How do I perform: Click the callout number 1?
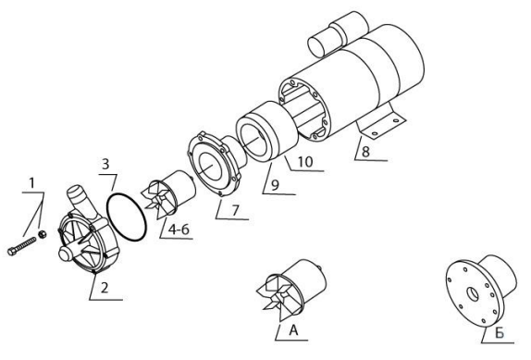[31, 183]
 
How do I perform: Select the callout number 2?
[105, 288]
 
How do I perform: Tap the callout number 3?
[105, 164]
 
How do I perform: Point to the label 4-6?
[179, 230]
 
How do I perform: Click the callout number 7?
[235, 210]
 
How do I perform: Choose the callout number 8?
[365, 152]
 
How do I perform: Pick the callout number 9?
[275, 185]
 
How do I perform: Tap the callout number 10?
[305, 162]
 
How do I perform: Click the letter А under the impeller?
[293, 330]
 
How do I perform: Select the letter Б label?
[500, 333]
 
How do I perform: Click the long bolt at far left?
[21, 246]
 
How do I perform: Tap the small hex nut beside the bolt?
[43, 234]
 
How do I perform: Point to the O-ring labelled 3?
[127, 217]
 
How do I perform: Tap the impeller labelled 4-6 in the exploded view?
[170, 194]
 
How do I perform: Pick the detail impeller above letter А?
[290, 289]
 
